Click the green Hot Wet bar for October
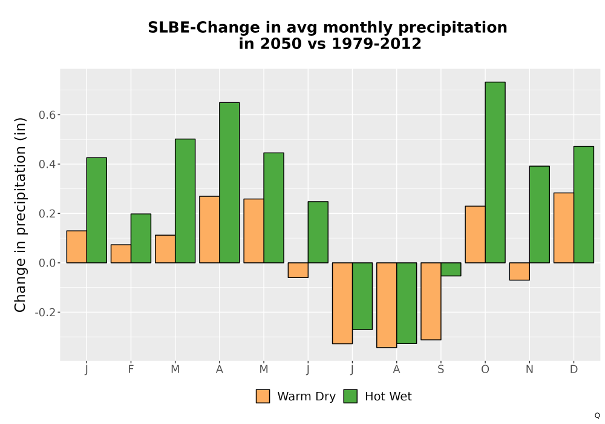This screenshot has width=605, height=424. coord(495,172)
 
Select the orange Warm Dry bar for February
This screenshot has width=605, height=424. coord(121,254)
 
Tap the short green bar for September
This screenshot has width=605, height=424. coord(451,269)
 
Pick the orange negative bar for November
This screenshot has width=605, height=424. coord(519,271)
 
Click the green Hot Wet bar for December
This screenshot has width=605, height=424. coord(584,205)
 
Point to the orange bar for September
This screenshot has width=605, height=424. coord(431,301)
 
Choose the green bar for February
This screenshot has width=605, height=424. coord(141,238)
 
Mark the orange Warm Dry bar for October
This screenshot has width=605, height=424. coord(476,234)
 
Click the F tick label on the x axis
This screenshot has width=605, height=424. coord(131,369)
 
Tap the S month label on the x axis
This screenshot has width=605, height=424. coord(440,369)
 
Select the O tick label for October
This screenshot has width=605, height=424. coord(485,369)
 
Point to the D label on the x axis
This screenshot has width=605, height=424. coord(574,369)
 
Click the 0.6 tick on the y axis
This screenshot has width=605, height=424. coord(47,114)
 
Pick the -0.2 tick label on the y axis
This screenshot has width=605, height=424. coord(45,312)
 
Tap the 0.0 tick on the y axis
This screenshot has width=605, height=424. coord(47,263)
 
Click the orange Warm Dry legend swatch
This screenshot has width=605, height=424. coord(263,396)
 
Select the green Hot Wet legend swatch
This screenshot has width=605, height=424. coord(350,396)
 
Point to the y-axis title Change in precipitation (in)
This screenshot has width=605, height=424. coord(20,214)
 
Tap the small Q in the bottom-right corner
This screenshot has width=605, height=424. coord(597,416)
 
